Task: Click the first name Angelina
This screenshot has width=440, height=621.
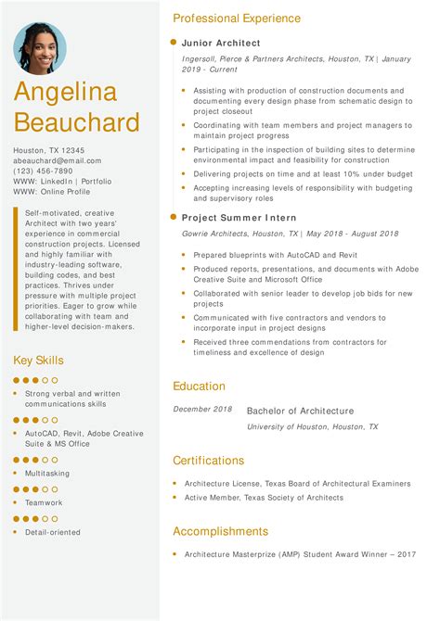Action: [x=65, y=93]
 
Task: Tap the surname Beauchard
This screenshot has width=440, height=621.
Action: [x=77, y=122]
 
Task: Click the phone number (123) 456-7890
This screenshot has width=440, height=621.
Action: [x=43, y=171]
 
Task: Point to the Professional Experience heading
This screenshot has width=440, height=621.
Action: [x=237, y=19]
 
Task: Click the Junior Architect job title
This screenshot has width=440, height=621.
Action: [x=221, y=43]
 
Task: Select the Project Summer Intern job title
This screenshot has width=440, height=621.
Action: [x=239, y=217]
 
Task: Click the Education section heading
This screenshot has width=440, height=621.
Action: [x=199, y=387]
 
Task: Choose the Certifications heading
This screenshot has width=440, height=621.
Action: [x=209, y=461]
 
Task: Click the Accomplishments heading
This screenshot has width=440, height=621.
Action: [x=220, y=531]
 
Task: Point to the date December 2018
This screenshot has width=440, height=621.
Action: [x=202, y=410]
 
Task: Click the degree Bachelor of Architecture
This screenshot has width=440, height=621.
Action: [x=300, y=411]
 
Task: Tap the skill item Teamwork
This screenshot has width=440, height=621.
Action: [x=44, y=502]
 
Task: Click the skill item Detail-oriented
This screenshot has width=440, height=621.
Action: [x=53, y=532]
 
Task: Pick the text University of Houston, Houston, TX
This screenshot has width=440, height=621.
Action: [x=313, y=426]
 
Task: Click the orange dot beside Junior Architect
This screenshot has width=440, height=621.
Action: [x=173, y=43]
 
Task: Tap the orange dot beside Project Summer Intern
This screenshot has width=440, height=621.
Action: [x=173, y=217]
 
